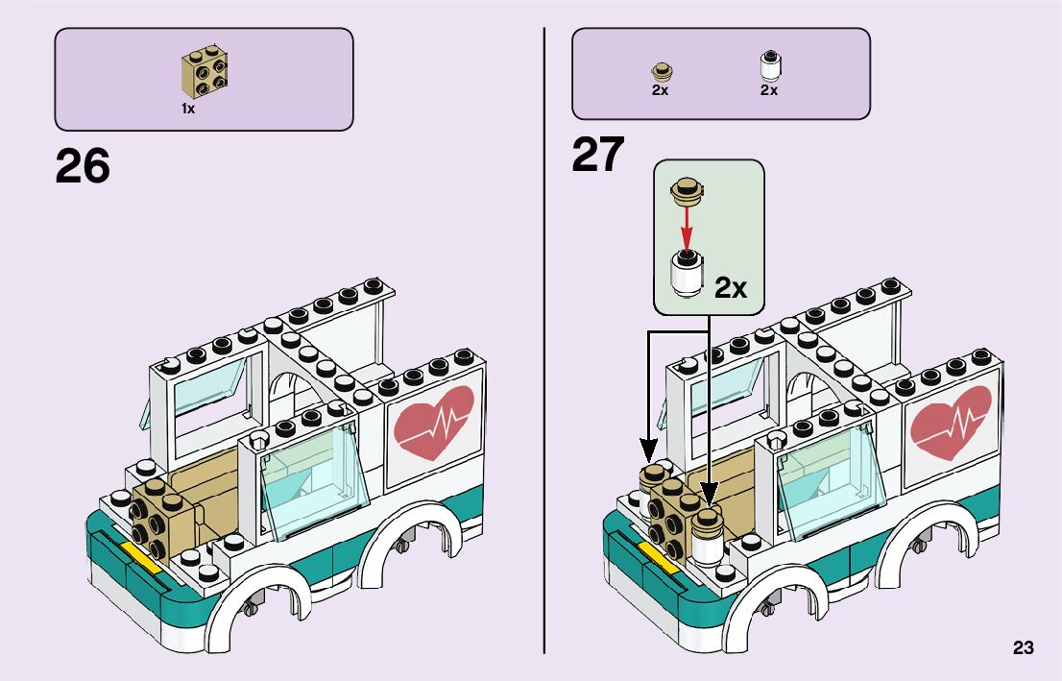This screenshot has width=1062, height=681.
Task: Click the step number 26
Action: (83, 166)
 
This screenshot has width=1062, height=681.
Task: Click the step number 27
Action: (598, 155)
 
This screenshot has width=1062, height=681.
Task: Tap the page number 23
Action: (1023, 648)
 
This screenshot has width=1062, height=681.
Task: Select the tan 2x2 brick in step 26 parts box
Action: (205, 73)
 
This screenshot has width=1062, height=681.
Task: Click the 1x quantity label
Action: (188, 109)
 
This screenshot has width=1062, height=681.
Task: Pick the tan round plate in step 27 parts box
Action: (661, 70)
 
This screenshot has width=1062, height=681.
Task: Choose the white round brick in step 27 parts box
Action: (769, 65)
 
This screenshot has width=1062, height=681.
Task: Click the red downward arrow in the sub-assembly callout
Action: (687, 228)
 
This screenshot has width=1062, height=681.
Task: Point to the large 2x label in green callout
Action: (731, 287)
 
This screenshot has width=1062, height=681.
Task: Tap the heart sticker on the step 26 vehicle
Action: (434, 421)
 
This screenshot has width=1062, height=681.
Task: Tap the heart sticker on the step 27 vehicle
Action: (950, 421)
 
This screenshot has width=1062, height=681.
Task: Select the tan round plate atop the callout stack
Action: (687, 190)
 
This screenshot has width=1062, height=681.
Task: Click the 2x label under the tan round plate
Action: (660, 90)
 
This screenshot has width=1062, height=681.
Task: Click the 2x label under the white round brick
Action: (769, 90)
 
